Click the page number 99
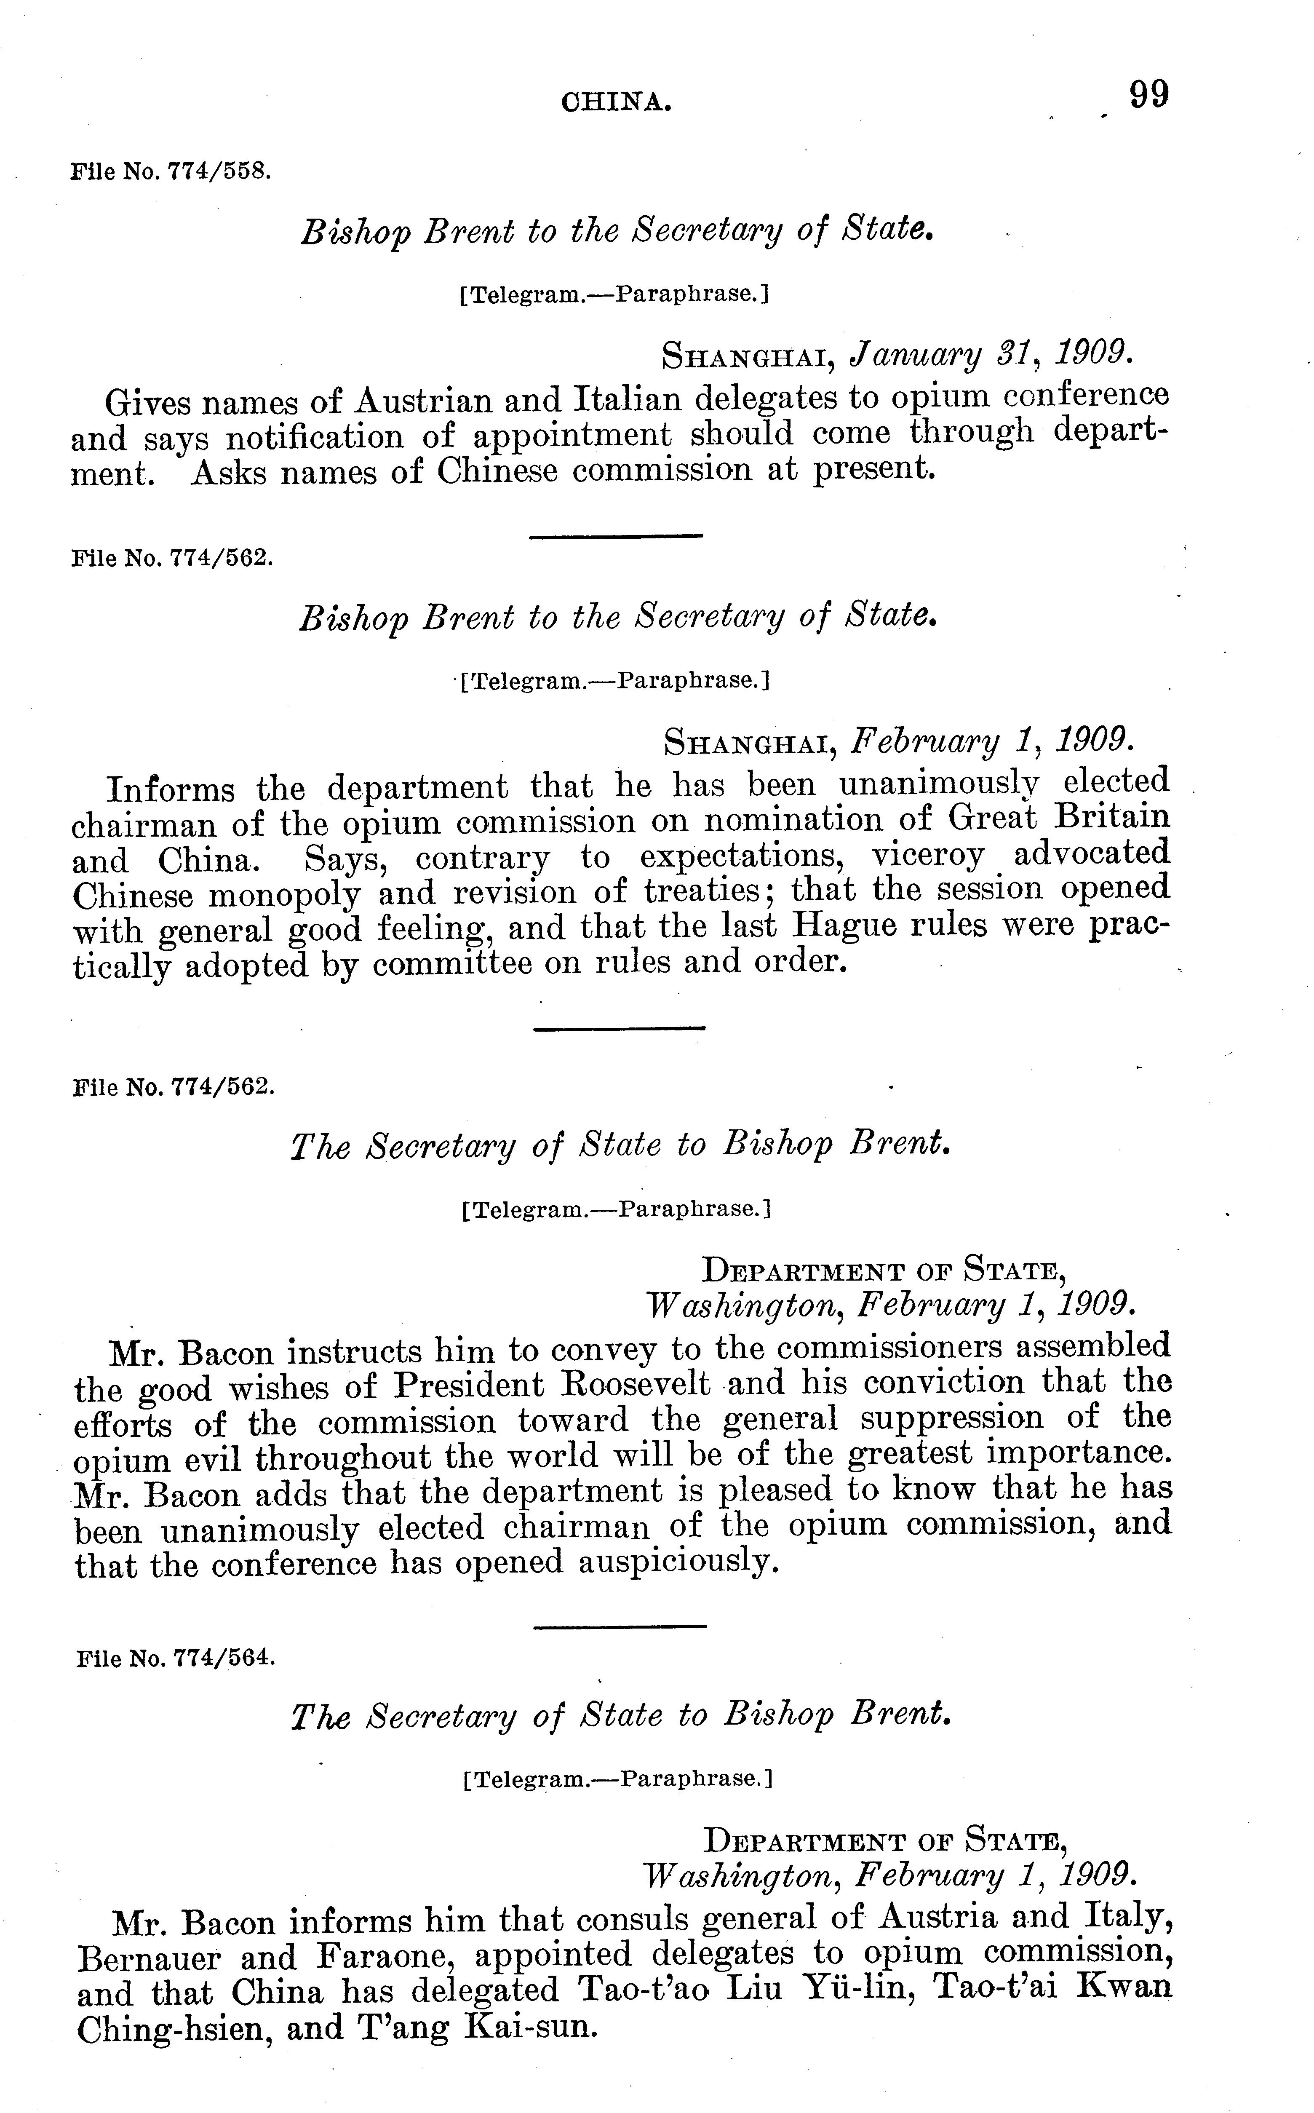(1149, 94)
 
